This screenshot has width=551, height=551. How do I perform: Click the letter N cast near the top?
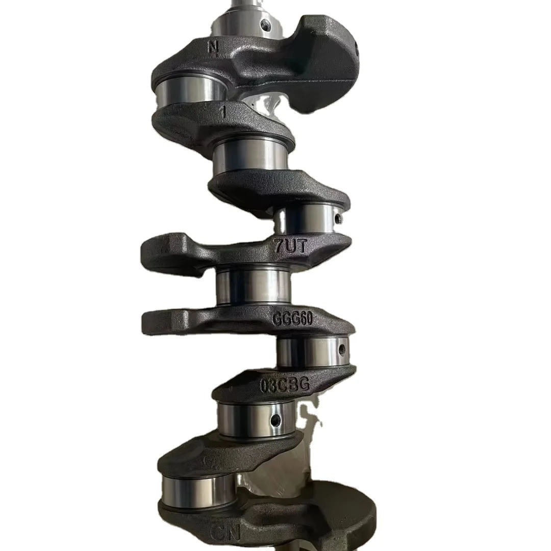coord(213,47)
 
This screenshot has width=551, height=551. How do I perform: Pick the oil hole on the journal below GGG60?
coord(342,349)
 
